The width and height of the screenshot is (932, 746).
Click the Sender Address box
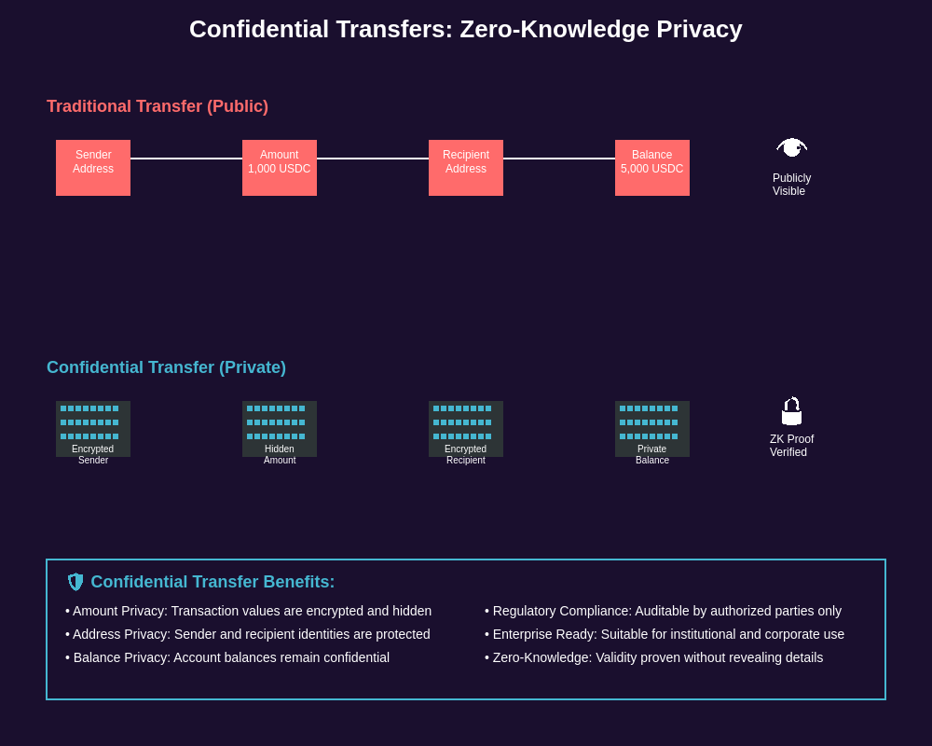point(93,168)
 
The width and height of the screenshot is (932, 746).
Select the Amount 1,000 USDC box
point(280,168)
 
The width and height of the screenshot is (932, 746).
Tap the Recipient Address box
point(466,168)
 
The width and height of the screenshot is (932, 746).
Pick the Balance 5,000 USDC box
point(652,168)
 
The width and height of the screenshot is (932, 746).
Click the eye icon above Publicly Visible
point(791,147)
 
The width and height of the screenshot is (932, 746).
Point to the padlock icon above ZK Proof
point(791,411)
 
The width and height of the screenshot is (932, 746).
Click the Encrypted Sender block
point(93,429)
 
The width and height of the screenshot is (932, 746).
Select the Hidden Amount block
point(280,429)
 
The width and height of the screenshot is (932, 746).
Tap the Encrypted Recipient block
point(466,429)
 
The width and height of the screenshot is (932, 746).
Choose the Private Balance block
point(652,429)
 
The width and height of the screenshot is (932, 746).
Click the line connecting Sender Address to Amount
point(186,159)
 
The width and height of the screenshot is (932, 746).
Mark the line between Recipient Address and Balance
point(559,159)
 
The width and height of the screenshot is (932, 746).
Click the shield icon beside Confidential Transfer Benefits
point(75,582)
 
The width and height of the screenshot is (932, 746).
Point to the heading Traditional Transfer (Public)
point(158,106)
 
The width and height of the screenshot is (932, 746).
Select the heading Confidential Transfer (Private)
point(166,367)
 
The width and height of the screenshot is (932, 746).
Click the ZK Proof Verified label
point(791,446)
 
